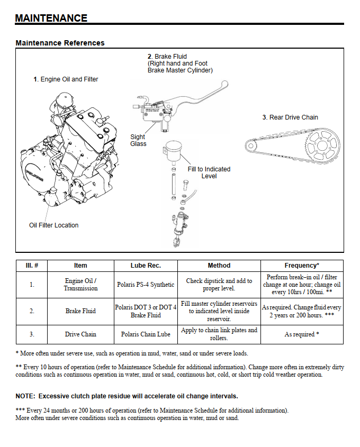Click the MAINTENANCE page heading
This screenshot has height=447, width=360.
pos(51,18)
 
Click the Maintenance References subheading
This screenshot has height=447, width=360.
pos(60,43)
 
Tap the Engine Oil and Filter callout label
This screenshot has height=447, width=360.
pos(66,79)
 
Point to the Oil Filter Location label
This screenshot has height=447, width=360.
pos(53,225)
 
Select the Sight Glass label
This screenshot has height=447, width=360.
pos(138,140)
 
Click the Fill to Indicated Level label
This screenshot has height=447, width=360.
pos(209,172)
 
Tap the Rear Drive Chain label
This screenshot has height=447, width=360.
pos(291,117)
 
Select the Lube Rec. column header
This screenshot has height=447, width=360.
pos(146,266)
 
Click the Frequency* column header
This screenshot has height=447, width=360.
pos(302,266)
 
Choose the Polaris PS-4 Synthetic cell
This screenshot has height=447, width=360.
pos(146,285)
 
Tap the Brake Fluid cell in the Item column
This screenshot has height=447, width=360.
pos(80,311)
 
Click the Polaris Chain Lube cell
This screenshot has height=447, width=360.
pos(146,334)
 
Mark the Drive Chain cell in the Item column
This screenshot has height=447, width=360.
pos(80,334)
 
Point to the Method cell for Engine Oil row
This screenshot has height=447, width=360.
pos(219,285)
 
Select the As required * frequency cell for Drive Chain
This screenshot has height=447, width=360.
pos(302,334)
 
